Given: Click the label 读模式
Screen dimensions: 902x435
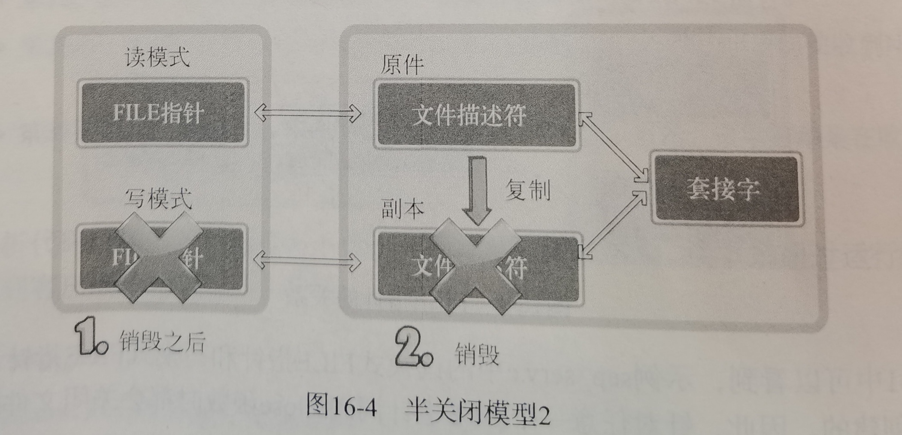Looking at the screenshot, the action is tap(157, 58).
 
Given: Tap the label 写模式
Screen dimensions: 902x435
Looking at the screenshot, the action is tap(158, 199).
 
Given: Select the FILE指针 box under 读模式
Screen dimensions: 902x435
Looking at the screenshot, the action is tap(162, 113).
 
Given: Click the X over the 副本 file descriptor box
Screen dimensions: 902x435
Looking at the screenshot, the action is tap(475, 266).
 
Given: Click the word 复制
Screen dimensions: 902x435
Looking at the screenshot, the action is tap(527, 190).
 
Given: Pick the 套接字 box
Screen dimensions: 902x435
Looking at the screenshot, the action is tap(725, 188).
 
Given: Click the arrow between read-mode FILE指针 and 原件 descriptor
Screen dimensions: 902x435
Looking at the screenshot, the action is tap(307, 113).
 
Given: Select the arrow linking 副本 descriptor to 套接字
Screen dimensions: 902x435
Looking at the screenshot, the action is tap(614, 225).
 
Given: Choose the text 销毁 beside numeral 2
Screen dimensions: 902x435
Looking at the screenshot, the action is tap(476, 354).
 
